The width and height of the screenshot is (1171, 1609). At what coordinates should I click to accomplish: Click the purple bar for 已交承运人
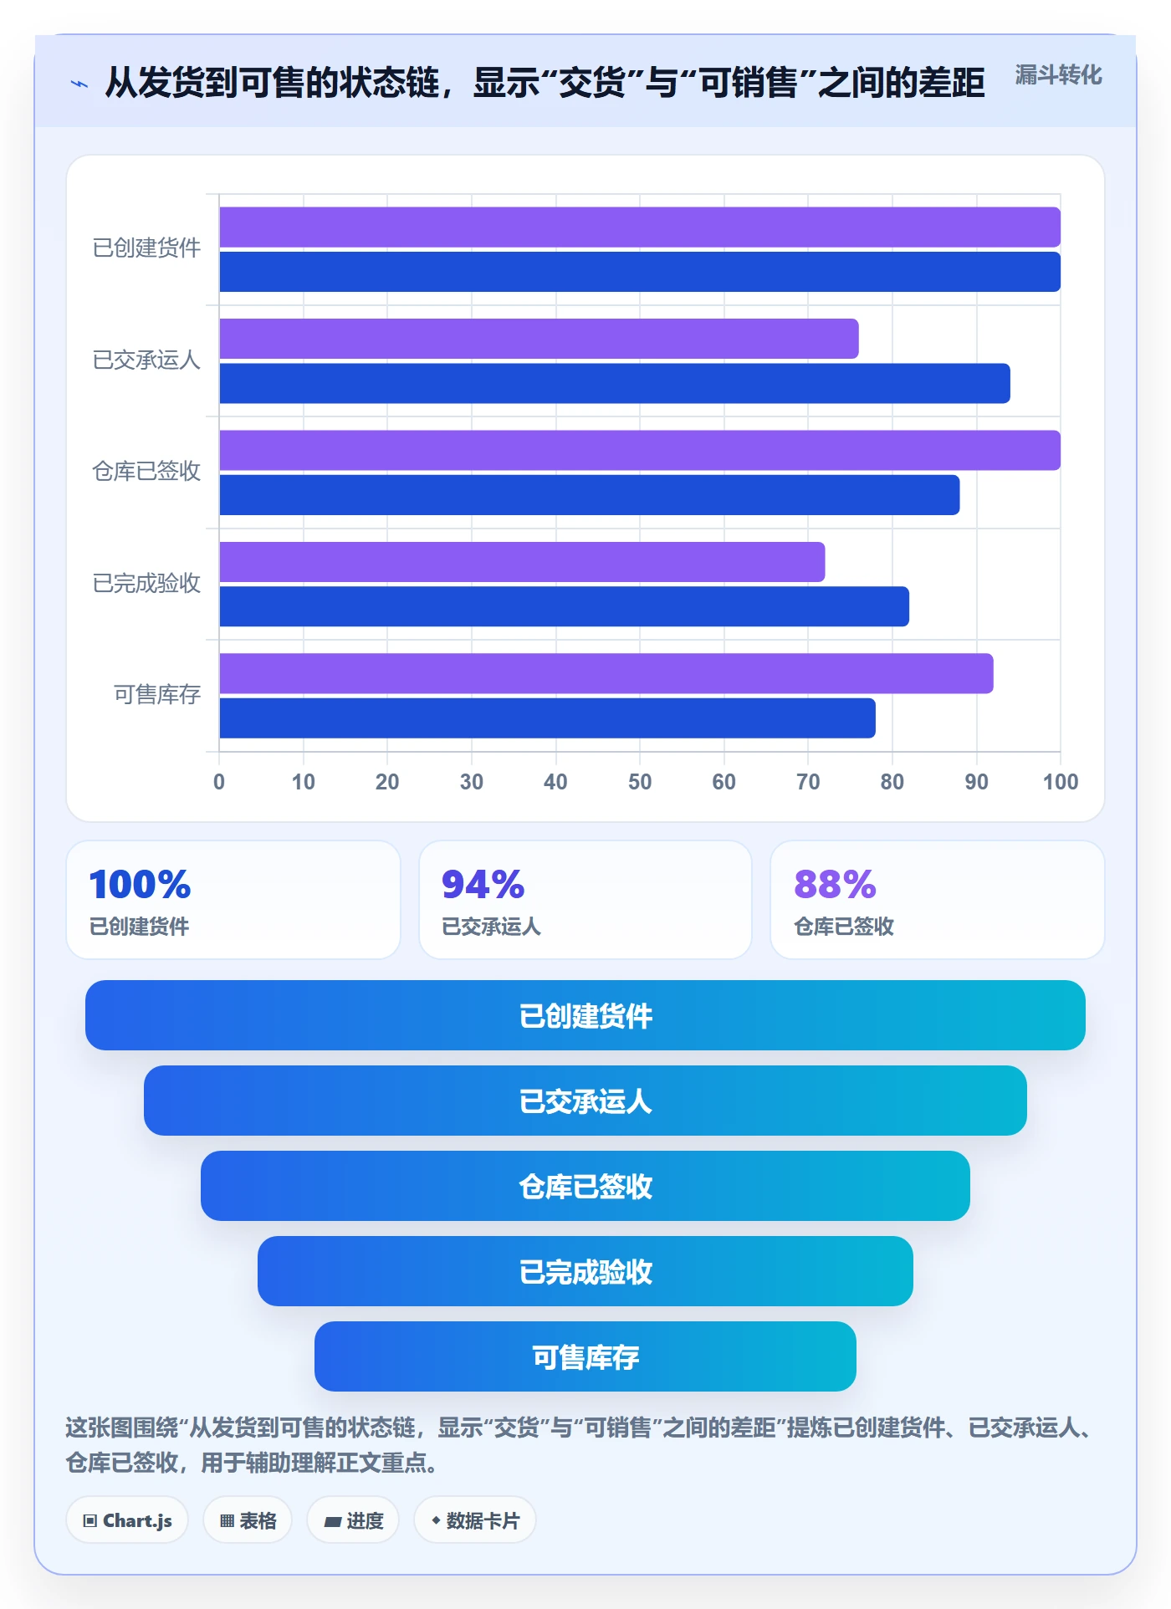click(539, 339)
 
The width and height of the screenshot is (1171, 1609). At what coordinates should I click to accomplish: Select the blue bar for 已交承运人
click(615, 383)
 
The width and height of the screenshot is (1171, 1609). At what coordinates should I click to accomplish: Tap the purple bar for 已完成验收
click(522, 562)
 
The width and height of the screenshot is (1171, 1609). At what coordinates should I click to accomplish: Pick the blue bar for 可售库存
click(547, 718)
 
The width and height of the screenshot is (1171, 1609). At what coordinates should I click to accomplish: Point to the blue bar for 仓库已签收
click(590, 495)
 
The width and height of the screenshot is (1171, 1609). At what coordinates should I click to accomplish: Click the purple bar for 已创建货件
click(640, 227)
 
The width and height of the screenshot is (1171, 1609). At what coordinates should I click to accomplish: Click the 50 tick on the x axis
click(640, 782)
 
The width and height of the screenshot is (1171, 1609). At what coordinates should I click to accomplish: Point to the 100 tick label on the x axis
click(1061, 782)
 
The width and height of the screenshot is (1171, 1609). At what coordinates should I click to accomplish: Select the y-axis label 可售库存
click(157, 694)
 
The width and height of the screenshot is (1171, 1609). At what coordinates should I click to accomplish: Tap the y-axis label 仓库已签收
click(146, 471)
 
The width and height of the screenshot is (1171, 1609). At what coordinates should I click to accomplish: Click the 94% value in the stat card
click(483, 884)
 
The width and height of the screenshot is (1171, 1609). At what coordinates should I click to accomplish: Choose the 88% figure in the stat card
click(835, 884)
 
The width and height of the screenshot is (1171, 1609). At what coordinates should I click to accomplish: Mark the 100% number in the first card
click(140, 884)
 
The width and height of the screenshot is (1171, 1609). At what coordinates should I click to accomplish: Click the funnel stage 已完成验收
click(585, 1271)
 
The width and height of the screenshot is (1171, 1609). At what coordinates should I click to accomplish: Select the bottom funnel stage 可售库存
click(585, 1356)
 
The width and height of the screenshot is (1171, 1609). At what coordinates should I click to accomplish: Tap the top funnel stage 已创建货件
click(585, 1015)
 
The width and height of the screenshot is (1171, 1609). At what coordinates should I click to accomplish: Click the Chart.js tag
click(127, 1520)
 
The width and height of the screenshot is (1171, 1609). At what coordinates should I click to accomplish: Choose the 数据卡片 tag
click(475, 1520)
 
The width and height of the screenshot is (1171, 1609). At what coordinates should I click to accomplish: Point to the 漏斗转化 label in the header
click(1058, 75)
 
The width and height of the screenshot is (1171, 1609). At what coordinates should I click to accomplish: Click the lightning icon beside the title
click(79, 84)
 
